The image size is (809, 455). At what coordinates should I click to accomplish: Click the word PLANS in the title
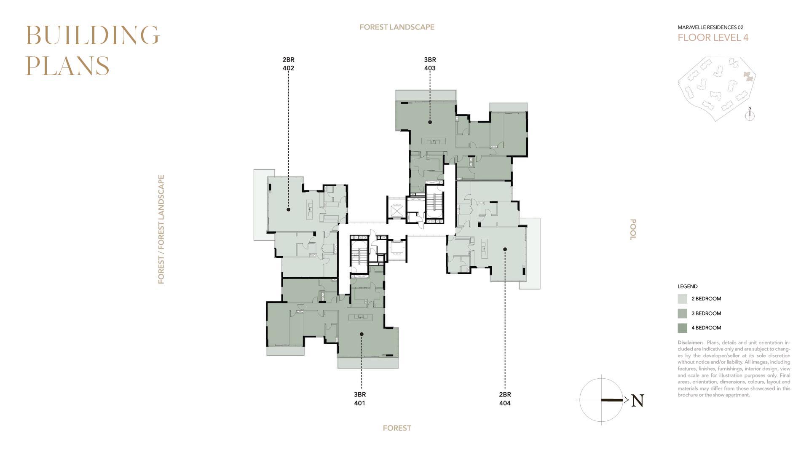coord(67,66)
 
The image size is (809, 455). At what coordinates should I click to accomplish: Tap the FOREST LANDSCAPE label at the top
coord(397,27)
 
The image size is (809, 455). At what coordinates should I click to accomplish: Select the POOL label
coord(632,230)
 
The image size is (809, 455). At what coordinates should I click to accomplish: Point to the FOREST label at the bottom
coord(397,428)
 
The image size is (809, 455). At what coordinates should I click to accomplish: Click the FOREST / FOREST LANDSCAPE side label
coord(161,230)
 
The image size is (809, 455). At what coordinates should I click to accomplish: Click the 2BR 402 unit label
coord(289,64)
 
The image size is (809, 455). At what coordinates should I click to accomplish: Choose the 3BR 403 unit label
coord(430,64)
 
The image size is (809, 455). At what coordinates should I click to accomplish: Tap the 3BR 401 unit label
coord(359,399)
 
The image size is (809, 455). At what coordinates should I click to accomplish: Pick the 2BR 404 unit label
coord(505,399)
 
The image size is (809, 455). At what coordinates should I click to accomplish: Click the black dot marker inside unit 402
coord(289,209)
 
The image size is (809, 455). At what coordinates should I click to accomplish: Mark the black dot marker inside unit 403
coord(430,122)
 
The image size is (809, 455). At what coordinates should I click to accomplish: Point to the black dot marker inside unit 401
coord(362,334)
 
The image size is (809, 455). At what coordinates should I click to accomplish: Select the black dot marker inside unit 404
coord(505,249)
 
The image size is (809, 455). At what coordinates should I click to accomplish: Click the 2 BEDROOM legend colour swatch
coord(682,299)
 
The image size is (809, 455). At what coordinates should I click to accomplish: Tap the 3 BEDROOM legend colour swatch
coord(682,313)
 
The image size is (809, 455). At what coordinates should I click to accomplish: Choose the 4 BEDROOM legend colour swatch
coord(682,328)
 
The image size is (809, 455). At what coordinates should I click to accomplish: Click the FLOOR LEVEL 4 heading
coord(713,37)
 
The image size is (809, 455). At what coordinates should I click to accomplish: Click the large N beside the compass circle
coord(638,401)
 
